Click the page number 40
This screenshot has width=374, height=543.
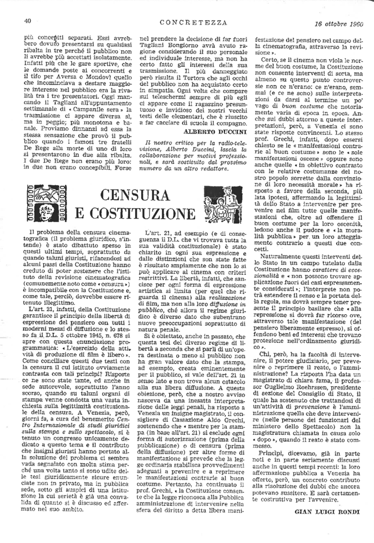click(28, 21)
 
